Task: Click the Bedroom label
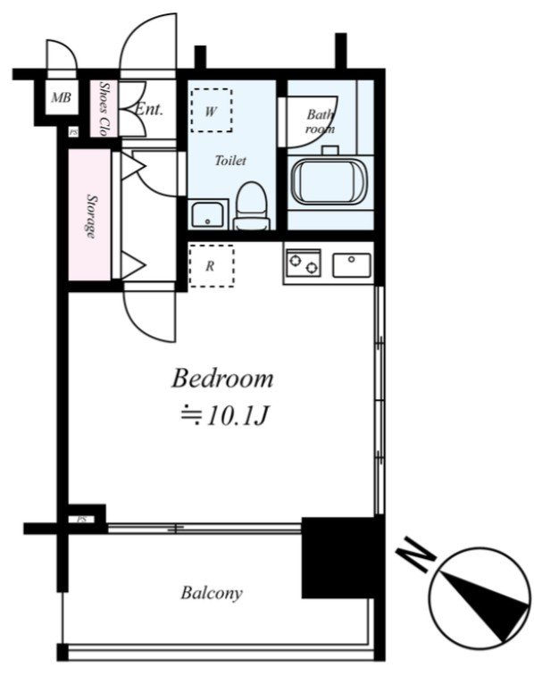[222, 379]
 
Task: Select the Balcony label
[212, 594]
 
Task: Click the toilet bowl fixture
[251, 206]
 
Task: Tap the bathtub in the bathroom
[330, 181]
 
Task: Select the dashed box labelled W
[211, 110]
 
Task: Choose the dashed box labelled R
[211, 266]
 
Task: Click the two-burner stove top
[303, 263]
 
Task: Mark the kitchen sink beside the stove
[352, 265]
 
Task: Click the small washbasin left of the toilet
[208, 214]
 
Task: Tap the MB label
[61, 97]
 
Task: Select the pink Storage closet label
[91, 216]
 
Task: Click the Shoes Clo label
[104, 108]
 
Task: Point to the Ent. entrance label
[149, 109]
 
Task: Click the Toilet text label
[230, 161]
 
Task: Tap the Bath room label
[321, 121]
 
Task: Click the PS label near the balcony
[81, 520]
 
